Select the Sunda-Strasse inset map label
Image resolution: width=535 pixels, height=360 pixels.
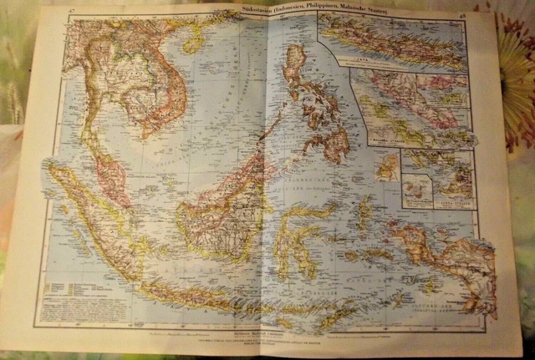pos(451,200)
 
